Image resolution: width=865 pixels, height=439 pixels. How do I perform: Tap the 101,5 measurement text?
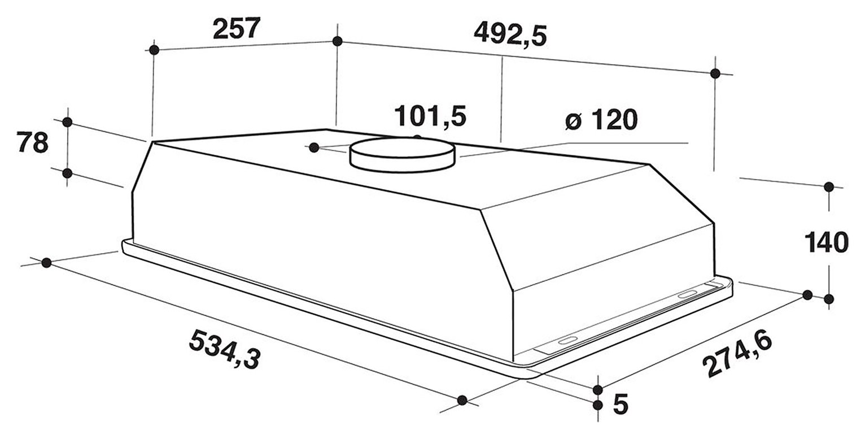tap(430, 116)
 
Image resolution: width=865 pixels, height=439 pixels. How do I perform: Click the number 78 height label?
tap(32, 143)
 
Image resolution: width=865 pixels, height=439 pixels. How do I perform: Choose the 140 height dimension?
tap(827, 242)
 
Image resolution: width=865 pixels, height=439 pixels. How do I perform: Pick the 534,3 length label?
tap(224, 350)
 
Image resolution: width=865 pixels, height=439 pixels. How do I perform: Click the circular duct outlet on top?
tap(403, 153)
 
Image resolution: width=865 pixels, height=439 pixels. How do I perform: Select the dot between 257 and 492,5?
tap(337, 41)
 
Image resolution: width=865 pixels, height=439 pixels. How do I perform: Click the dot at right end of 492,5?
tap(715, 73)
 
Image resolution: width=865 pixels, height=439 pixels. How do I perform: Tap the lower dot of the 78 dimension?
tap(67, 173)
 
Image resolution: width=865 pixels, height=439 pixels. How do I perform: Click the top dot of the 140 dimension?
tap(829, 186)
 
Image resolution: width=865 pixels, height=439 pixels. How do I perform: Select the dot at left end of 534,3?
tap(47, 262)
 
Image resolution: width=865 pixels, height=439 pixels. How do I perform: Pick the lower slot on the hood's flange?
tap(566, 341)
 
